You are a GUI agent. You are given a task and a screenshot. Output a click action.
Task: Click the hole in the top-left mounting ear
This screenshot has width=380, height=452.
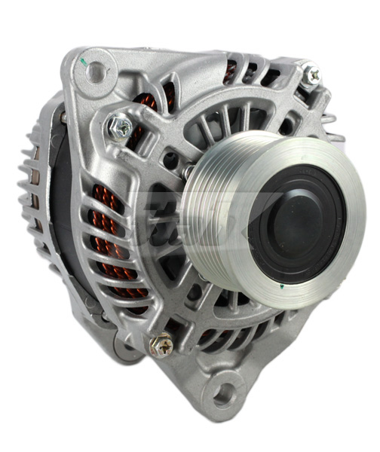96,73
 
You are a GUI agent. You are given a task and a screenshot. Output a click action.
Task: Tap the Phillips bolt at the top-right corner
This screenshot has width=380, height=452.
311,76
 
